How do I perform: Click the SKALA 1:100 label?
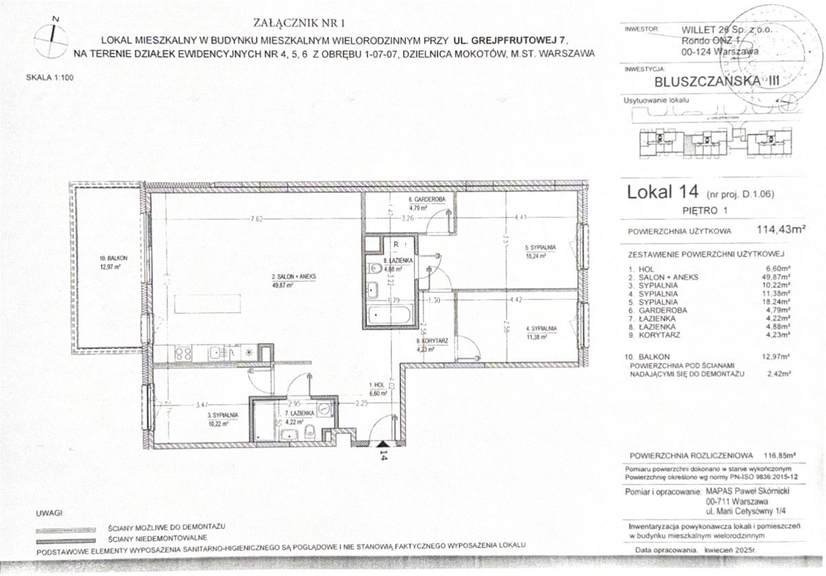[x=49, y=78]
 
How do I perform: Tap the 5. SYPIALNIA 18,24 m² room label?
[x=540, y=250]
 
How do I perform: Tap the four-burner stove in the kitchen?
[x=184, y=354]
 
